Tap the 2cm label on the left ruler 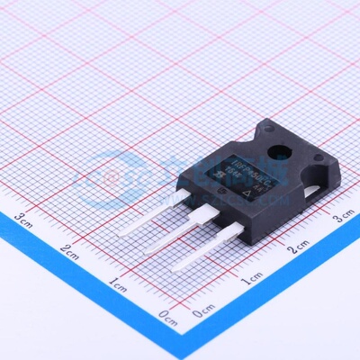tap(70, 249)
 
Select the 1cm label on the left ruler tap(117, 283)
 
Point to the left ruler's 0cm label tap(166, 315)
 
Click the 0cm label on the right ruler tap(202, 311)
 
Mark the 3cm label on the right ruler tap(343, 219)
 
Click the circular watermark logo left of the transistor tap(109, 181)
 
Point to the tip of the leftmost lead tap(122, 232)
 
